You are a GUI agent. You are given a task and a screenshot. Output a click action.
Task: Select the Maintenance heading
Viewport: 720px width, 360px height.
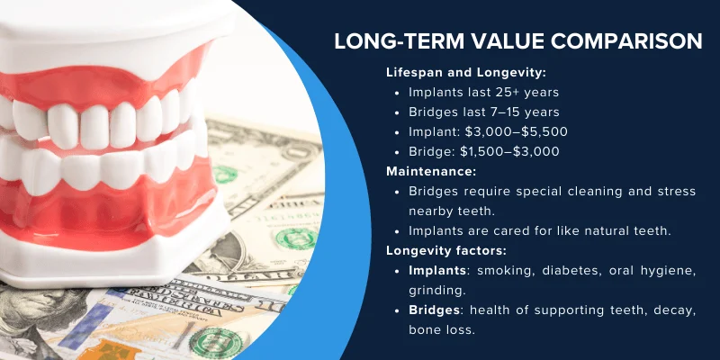431,171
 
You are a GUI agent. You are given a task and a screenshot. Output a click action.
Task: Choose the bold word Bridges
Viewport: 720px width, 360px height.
432,310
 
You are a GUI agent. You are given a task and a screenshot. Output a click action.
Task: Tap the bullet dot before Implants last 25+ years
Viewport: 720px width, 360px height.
398,93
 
